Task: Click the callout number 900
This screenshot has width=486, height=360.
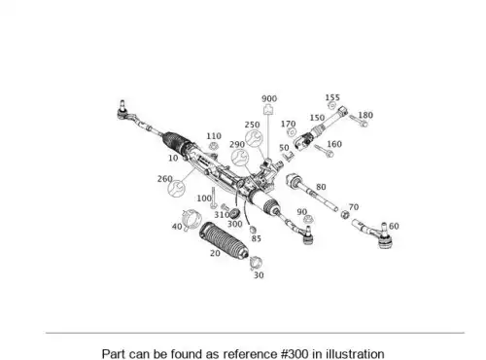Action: click(269, 98)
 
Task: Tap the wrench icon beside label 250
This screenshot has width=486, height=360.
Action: click(254, 138)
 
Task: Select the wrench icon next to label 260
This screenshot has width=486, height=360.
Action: click(176, 189)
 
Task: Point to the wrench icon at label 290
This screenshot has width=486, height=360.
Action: click(240, 158)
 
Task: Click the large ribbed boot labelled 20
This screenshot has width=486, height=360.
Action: click(225, 240)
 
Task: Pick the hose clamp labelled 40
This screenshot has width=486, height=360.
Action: click(191, 220)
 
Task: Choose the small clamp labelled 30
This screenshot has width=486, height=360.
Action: click(256, 263)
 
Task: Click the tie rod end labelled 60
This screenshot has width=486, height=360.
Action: click(375, 233)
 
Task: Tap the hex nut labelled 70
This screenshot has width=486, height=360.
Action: click(345, 214)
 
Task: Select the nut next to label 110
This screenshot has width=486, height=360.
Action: click(213, 146)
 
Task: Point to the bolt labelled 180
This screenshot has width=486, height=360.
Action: click(358, 121)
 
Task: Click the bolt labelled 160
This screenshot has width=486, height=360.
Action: click(324, 151)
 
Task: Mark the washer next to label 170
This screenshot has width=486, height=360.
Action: click(293, 132)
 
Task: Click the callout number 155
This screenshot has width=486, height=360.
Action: click(332, 97)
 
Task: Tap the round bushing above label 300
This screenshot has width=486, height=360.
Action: click(234, 214)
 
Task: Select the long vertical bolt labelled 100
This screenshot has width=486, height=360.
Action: click(213, 198)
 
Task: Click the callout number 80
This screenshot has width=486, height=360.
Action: click(321, 187)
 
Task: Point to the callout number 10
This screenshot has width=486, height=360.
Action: click(173, 158)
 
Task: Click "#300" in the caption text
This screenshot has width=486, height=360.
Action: click(295, 353)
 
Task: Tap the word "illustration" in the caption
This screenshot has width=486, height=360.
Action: click(355, 353)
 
